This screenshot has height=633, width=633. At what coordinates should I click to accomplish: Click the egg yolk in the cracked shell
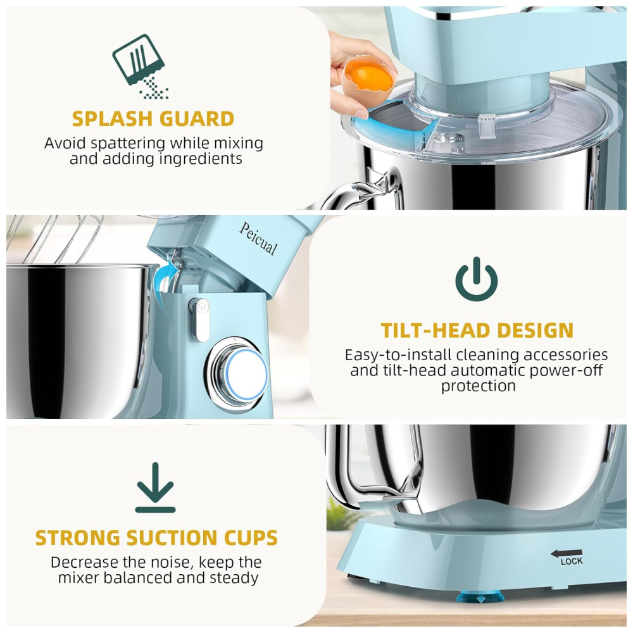tap(368, 78)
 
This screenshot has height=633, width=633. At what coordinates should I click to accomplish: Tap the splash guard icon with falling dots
tap(139, 66)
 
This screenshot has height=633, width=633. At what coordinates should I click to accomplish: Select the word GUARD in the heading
tap(197, 119)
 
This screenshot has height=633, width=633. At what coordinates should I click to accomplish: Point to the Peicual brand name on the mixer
tap(258, 239)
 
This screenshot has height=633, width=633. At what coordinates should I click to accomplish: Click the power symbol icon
tap(477, 279)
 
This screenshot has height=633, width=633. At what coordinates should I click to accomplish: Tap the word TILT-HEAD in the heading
tap(436, 330)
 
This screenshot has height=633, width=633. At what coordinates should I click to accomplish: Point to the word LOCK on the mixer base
tap(571, 561)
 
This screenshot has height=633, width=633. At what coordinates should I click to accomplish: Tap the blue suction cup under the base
tap(480, 596)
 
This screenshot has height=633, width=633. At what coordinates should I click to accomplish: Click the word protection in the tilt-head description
tap(479, 386)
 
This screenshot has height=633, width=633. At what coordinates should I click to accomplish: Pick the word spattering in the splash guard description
tap(128, 144)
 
